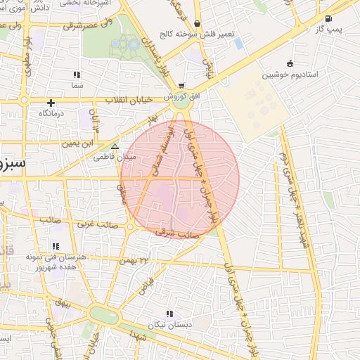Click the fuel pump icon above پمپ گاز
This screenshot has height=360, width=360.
pos(329,19)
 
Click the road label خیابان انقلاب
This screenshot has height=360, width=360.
pos(129,101)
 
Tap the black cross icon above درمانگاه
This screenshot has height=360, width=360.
pos(51,103)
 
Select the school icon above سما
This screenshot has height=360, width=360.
pos(77,75)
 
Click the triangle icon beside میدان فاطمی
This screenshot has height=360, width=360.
pos(115,147)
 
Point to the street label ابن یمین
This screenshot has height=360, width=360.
pos(77,143)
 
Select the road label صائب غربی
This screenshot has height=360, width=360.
pos(96,224)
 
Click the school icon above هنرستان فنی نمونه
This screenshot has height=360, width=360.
pos(54,247)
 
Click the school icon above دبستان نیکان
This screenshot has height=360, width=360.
pos(169,314)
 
